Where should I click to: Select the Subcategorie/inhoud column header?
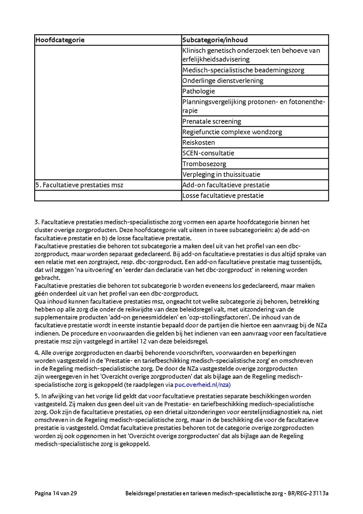tap(215, 40)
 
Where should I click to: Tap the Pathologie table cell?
tap(198, 91)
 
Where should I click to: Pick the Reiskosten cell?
tap(198, 143)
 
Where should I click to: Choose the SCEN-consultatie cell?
tap(208, 153)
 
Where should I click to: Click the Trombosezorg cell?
tap(204, 164)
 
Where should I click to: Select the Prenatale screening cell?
tap(212, 121)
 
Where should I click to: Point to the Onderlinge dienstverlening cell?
tap(223, 81)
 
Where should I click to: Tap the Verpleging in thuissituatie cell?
tap(221, 174)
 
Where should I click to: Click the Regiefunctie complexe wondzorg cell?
tap(232, 132)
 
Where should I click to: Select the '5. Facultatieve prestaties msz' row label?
tap(79, 185)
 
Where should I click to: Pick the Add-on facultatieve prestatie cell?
tap(226, 185)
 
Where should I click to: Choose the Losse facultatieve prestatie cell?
tap(223, 195)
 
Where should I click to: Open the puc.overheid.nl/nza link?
tap(202, 385)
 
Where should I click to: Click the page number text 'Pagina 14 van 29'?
tap(56, 493)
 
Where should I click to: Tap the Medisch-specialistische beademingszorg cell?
tap(243, 70)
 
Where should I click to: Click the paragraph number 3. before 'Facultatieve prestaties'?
tap(37, 222)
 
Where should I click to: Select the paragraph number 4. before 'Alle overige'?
tap(37, 352)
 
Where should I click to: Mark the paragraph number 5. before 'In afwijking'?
tap(37, 396)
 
